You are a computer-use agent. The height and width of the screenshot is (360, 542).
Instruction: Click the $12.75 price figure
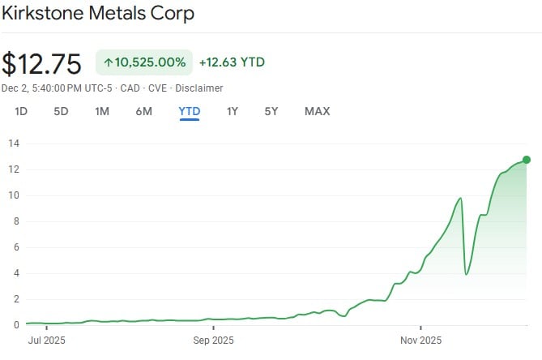tap(41, 63)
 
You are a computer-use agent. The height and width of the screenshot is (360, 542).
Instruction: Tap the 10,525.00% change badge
tap(144, 62)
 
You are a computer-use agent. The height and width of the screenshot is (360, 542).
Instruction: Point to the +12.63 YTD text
tap(232, 62)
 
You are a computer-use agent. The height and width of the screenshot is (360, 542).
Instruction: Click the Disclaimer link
tap(200, 88)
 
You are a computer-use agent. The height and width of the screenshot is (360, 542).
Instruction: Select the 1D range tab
tap(21, 111)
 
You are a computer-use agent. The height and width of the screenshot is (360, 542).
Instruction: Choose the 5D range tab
tap(61, 111)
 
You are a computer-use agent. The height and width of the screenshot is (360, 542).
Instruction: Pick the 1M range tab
tap(102, 111)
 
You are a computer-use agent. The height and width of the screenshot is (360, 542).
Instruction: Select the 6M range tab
tap(143, 111)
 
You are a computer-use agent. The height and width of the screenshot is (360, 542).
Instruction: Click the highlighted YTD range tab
tap(190, 111)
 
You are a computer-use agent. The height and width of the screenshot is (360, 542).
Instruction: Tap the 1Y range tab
tap(233, 111)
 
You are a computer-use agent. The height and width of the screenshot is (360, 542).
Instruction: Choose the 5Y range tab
tap(271, 111)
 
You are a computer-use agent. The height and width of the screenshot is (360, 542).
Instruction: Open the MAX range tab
tap(317, 111)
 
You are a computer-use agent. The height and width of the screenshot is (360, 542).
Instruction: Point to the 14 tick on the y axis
tap(14, 144)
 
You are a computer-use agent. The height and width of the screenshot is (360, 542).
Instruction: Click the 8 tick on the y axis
tap(14, 221)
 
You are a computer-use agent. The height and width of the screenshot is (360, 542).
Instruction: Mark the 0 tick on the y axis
tap(14, 325)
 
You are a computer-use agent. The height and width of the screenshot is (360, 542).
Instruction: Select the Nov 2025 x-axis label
tap(420, 341)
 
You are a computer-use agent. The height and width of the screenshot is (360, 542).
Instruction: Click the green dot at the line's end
tap(527, 160)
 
